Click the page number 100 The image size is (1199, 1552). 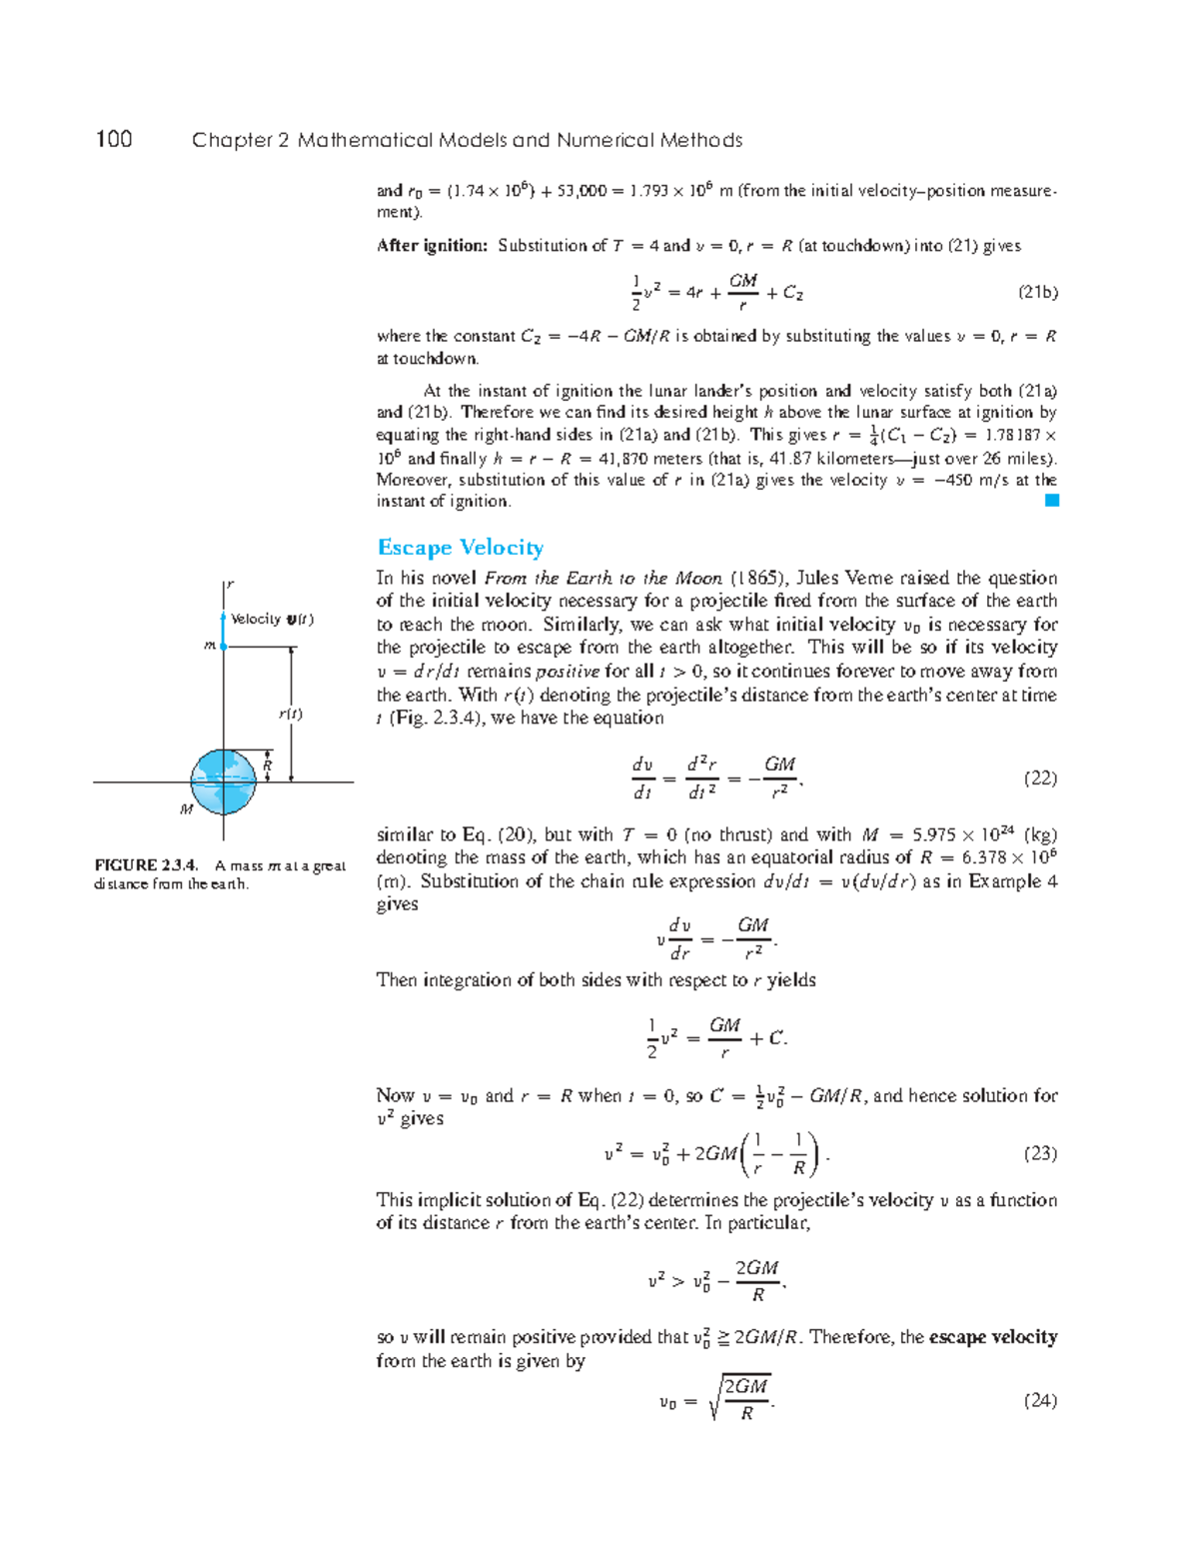pos(114,139)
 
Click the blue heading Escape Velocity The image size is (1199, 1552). pos(461,547)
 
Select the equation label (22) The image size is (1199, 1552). pos(1039,777)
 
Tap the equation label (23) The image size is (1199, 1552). pos(1039,1153)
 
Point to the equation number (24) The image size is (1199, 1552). pos(1039,1400)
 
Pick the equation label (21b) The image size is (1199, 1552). pos(1037,292)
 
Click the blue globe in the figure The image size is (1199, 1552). pos(224,781)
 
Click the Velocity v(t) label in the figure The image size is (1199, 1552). pos(271,620)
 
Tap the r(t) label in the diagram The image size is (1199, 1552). pos(290,714)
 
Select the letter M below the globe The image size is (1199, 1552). pos(187,809)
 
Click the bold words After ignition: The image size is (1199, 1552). pos(432,246)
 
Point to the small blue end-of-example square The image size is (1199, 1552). pos(1051,501)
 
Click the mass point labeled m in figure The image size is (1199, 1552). pos(223,647)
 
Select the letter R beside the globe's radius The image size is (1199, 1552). pos(267,767)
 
